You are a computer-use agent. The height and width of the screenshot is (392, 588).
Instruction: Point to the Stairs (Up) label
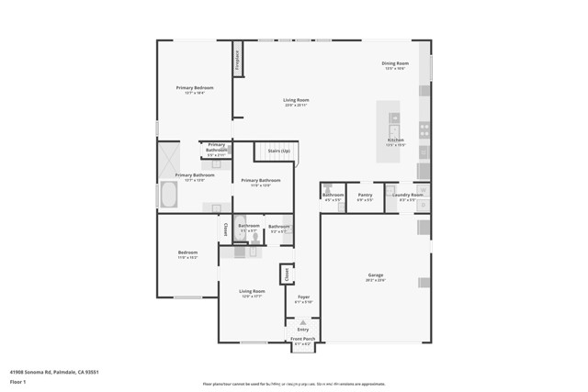(x=278, y=151)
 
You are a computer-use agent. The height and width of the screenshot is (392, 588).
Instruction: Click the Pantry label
(x=365, y=196)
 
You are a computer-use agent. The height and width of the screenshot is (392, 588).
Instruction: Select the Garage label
(x=376, y=276)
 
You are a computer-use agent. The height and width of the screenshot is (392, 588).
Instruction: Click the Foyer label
(x=303, y=298)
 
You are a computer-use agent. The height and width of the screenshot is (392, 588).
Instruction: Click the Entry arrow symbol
(x=303, y=321)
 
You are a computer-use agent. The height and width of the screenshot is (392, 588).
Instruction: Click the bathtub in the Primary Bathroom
(x=169, y=194)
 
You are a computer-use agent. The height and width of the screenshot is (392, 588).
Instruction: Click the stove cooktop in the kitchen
(x=424, y=129)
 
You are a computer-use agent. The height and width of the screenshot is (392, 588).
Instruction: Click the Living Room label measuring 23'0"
(x=295, y=102)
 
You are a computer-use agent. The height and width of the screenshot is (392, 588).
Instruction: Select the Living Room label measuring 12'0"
(x=252, y=293)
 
